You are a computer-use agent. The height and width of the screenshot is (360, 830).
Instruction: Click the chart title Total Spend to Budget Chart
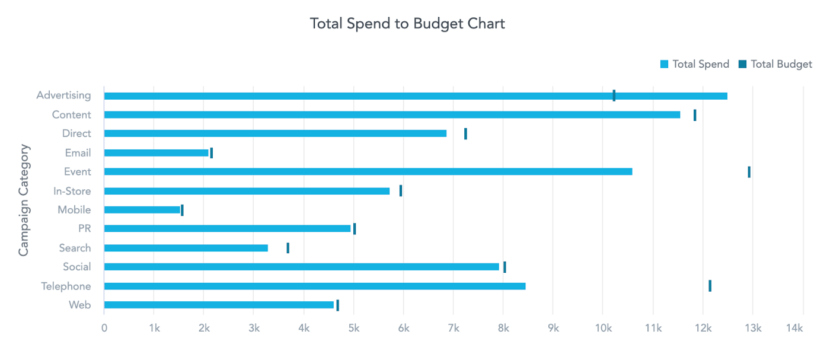tap(407, 24)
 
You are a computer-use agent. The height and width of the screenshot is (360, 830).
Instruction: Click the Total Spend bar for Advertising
tap(415, 96)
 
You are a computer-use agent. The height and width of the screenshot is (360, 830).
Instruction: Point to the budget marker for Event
tap(749, 172)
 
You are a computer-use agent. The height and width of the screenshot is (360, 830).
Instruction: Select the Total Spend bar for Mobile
tap(142, 210)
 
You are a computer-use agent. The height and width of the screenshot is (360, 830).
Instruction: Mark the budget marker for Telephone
tap(710, 286)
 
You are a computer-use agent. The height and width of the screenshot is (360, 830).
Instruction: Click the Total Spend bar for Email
tap(157, 153)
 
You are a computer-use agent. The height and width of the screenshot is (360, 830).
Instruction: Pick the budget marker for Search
tap(288, 248)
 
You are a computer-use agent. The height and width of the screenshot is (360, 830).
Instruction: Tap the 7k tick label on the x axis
tap(453, 328)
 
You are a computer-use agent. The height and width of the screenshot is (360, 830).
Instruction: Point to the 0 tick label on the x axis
tap(104, 328)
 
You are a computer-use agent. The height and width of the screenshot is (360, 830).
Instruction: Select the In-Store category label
tap(72, 191)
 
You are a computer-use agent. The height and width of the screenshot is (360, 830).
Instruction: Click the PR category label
tap(85, 229)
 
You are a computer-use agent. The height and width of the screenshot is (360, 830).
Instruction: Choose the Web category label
tap(80, 305)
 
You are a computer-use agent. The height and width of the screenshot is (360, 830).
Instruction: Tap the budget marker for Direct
tap(465, 134)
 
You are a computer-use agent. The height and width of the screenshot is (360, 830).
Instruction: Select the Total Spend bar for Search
tap(186, 248)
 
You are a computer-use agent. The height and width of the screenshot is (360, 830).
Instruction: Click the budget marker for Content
tap(695, 115)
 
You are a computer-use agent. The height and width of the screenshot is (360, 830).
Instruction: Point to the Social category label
tap(77, 267)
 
